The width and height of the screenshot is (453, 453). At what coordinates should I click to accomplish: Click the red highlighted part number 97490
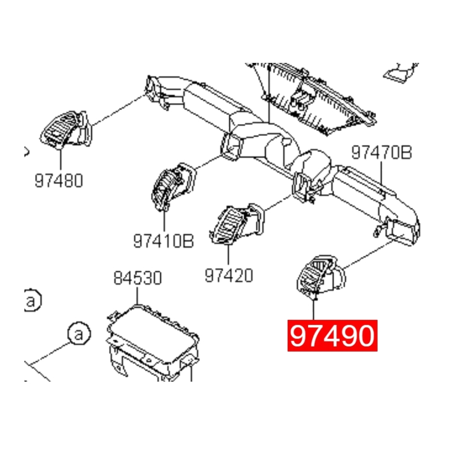(332, 336)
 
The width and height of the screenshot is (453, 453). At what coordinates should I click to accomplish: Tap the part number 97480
(58, 181)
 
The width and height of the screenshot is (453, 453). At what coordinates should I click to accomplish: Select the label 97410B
(164, 242)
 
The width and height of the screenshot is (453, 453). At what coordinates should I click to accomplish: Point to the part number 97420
(228, 275)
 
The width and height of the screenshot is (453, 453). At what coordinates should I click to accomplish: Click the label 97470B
(381, 152)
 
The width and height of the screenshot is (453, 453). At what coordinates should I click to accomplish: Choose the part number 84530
(137, 278)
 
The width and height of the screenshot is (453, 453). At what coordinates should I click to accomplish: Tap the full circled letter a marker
(79, 334)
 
